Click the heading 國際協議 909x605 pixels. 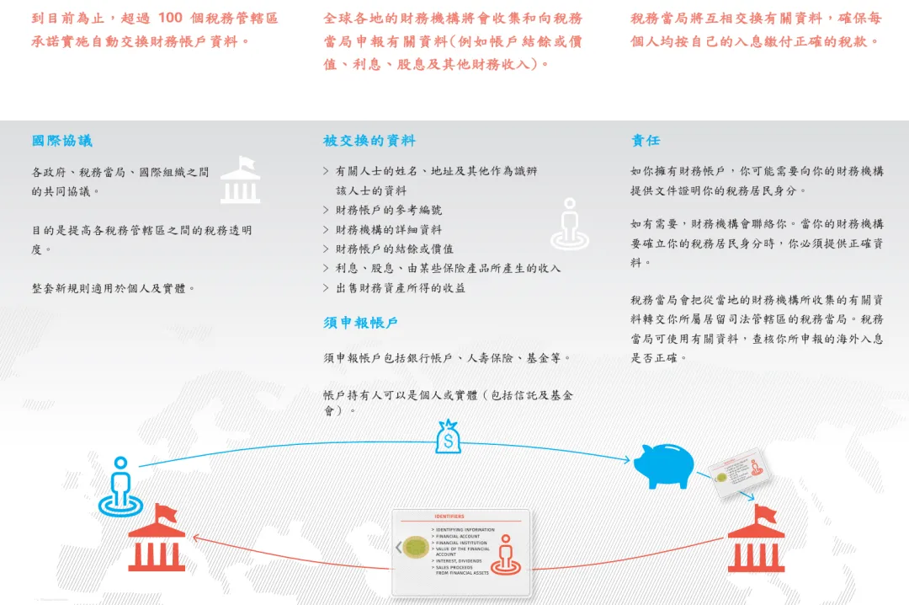62,141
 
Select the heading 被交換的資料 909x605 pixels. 369,141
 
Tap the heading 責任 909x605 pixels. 646,141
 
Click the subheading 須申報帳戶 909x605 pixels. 360,323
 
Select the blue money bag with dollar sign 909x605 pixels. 449,437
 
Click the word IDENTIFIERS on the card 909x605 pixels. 449,516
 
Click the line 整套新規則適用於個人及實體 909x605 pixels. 114,288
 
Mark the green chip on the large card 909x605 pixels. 415,548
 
